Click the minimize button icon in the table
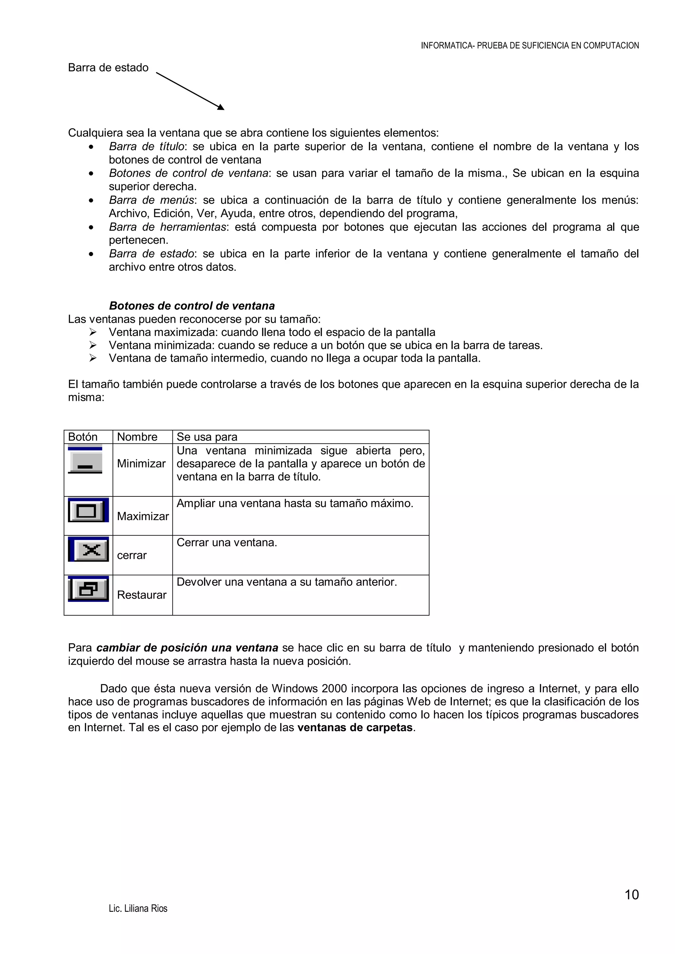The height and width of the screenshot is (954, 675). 85,460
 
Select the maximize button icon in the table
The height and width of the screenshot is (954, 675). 88,510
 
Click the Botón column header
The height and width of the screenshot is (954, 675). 83,437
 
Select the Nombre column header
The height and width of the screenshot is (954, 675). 137,437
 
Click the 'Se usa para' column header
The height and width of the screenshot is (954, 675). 207,437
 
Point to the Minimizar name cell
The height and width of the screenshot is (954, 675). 141,464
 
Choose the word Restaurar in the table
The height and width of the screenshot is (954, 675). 142,595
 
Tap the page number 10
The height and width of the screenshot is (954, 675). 631,895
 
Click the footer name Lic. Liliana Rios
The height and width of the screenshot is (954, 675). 138,909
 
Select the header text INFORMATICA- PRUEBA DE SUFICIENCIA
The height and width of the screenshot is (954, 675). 530,46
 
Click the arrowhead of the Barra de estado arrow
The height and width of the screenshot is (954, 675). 221,108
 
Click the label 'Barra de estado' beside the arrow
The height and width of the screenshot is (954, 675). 108,68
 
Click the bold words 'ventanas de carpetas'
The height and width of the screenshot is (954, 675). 355,728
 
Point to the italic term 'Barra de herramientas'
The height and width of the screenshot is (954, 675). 167,227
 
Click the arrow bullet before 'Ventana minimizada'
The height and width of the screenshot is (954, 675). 93,345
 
